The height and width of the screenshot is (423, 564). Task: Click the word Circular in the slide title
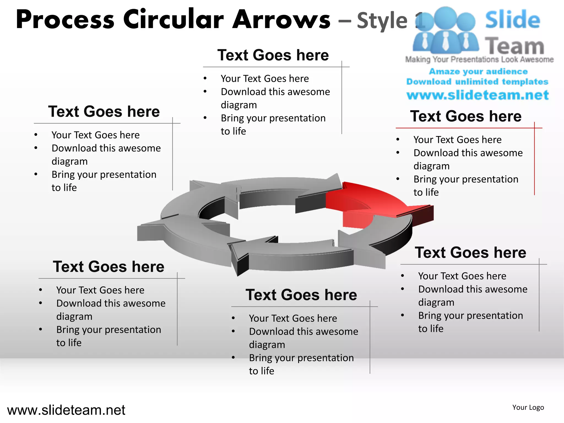173,19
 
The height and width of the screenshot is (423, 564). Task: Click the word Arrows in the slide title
281,19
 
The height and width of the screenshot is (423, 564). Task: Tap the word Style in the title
382,20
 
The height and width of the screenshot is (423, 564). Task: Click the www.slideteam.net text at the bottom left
66,410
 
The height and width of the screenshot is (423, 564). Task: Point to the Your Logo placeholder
528,407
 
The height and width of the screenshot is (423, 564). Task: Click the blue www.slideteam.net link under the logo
478,95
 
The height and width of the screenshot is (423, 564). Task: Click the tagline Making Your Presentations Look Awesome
479,59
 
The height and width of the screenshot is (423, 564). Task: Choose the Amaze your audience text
478,71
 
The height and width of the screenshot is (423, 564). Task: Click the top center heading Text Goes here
273,55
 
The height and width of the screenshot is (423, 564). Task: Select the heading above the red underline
466,116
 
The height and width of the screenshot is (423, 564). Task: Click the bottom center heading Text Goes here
301,295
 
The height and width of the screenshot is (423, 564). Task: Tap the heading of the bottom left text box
109,267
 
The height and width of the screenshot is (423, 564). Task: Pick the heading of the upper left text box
104,112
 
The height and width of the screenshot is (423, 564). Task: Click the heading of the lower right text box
470,253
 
